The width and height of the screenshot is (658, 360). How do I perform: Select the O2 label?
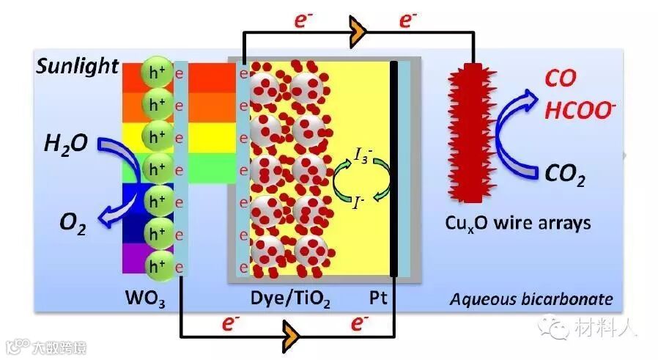pos(73,222)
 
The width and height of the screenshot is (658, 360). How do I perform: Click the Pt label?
pos(379,299)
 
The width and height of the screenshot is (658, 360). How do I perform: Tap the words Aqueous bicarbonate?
pos(531,299)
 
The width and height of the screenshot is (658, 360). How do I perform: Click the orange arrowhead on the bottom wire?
pos(292,336)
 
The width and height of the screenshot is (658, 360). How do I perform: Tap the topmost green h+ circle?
pos(155,71)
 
